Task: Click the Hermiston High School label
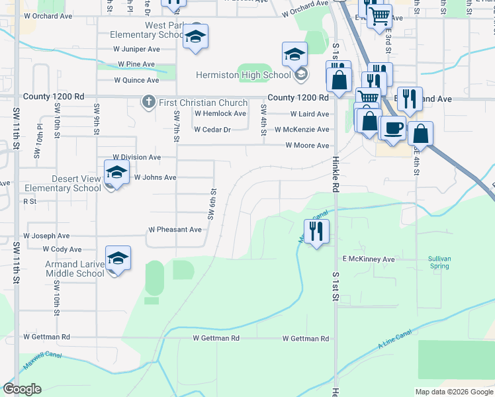point(244,75)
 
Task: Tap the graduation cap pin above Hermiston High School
point(295,55)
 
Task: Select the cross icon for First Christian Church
point(149,102)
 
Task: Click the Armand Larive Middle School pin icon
point(118,259)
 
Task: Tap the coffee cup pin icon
point(392,128)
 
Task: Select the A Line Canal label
point(395,338)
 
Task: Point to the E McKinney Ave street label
point(368,259)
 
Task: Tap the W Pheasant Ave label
point(175,230)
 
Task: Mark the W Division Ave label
point(136,157)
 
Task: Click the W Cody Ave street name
point(62,249)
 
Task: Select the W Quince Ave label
point(136,80)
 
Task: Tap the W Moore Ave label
point(306,146)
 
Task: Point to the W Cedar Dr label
point(212,130)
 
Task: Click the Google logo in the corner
point(22,389)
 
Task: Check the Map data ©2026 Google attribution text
point(453,392)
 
